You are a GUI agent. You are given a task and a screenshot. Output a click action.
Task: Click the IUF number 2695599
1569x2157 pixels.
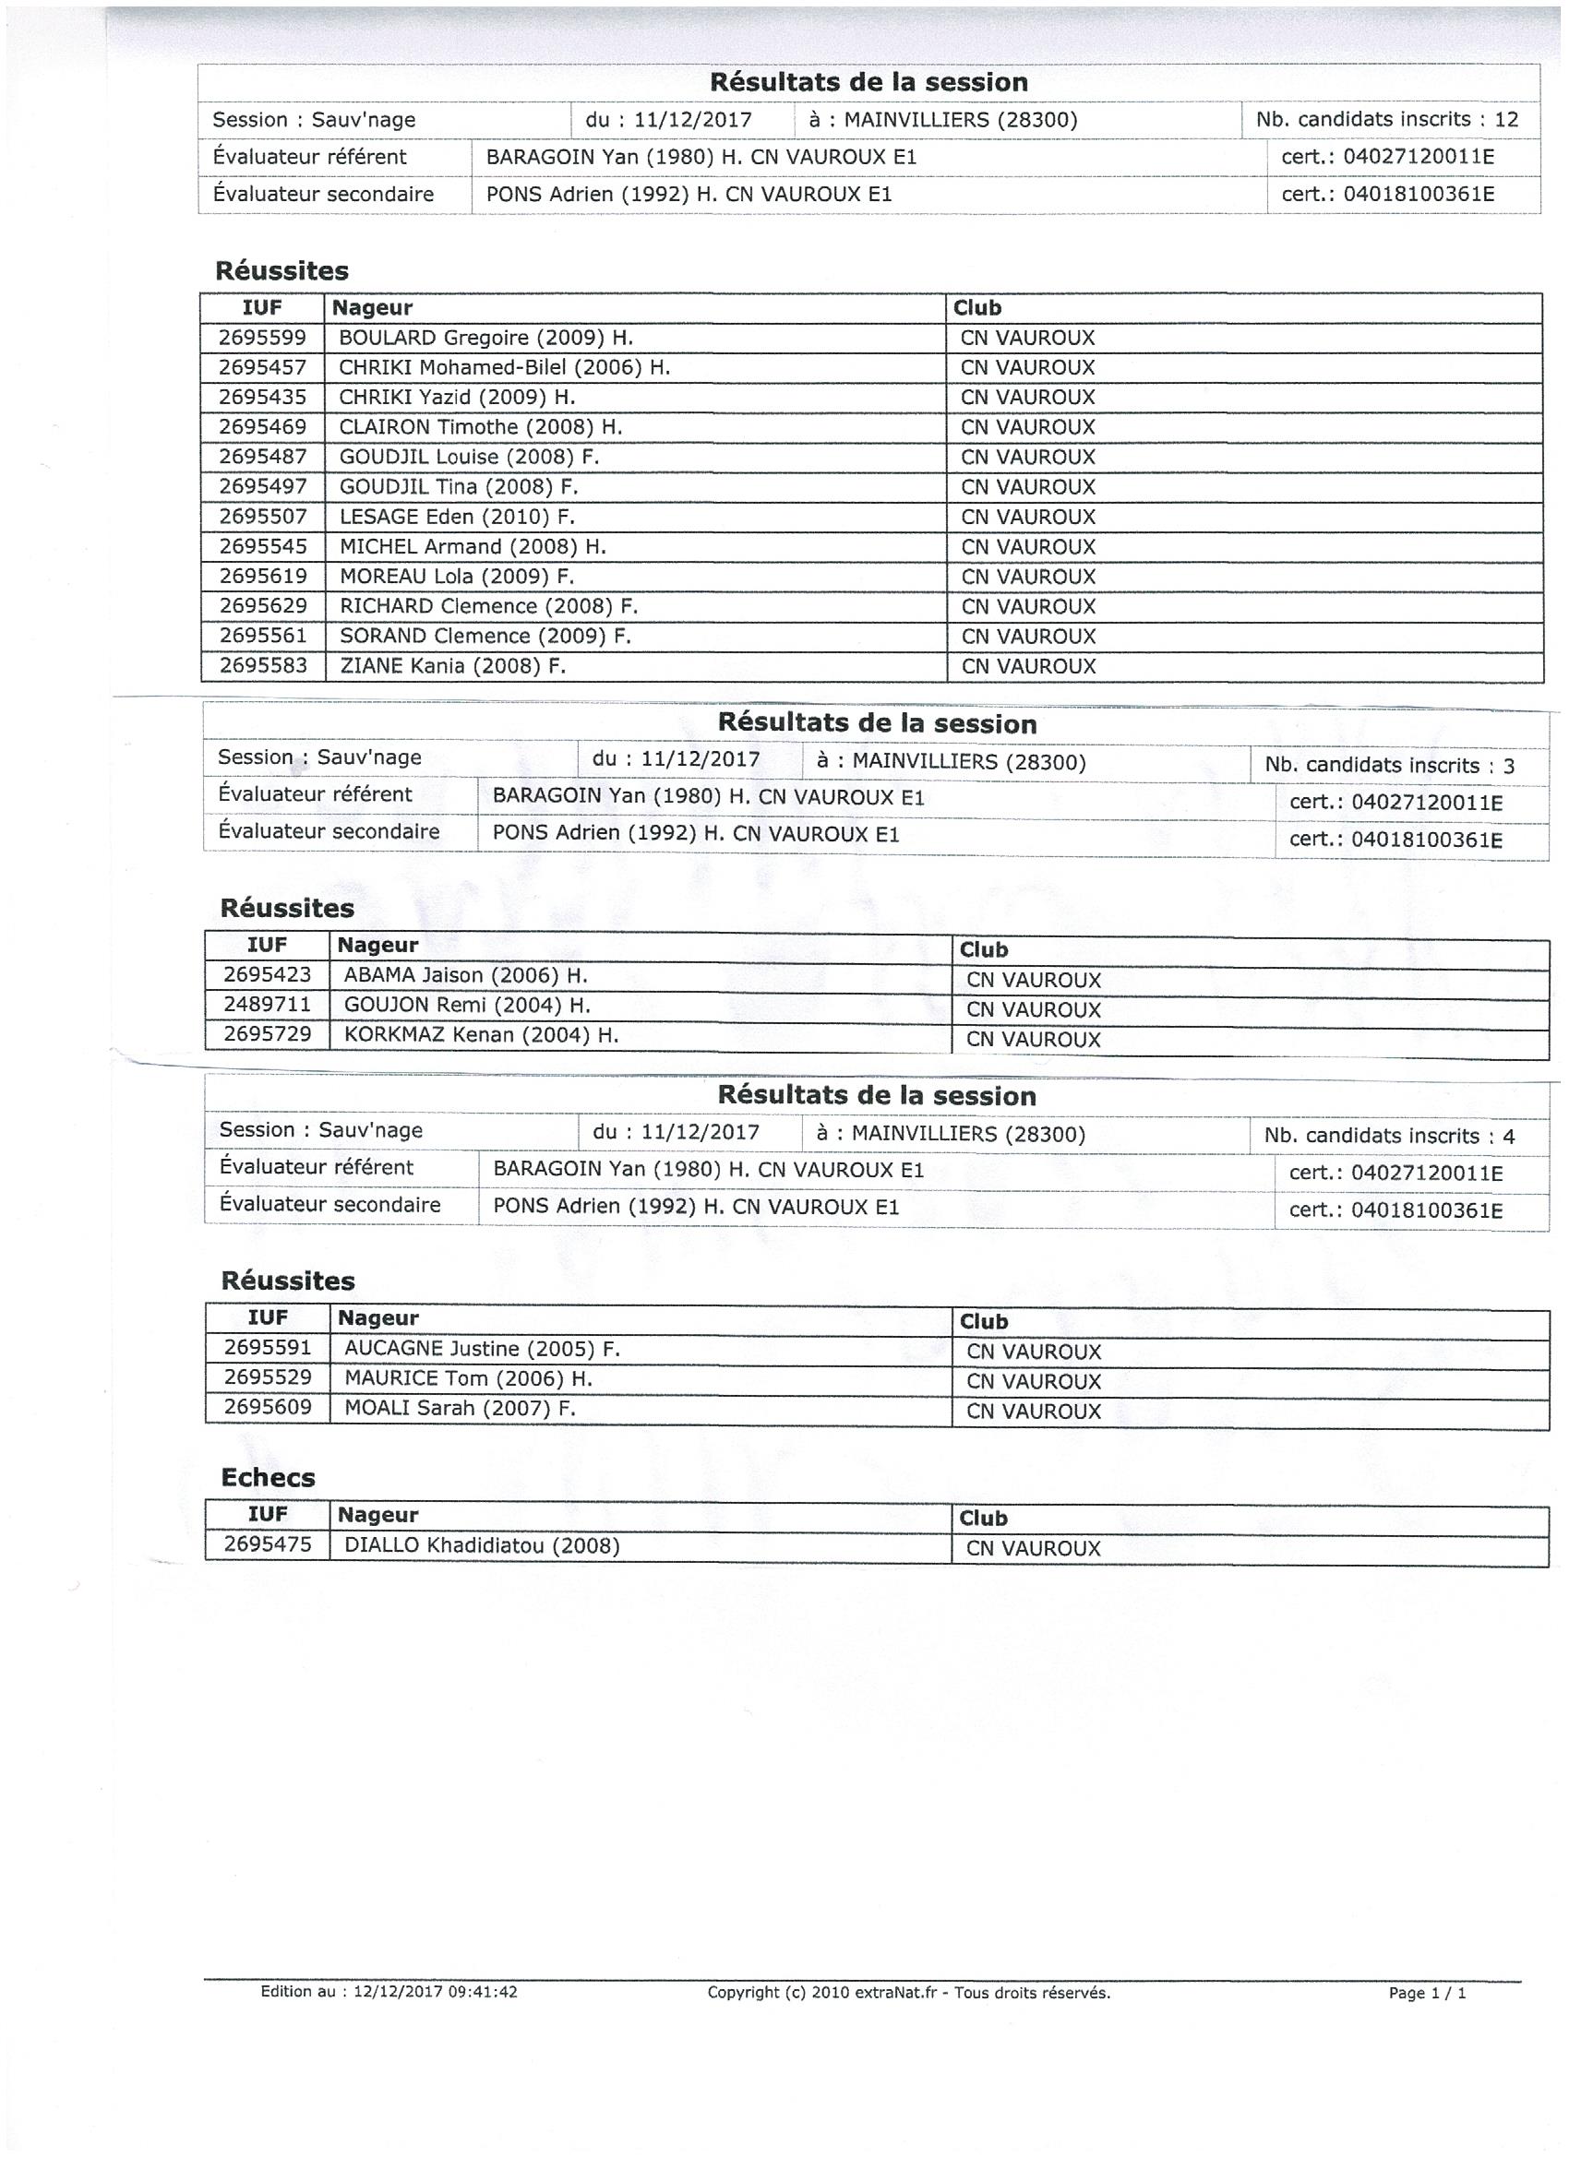tap(263, 338)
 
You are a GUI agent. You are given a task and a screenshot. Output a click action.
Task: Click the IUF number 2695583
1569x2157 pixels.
tap(263, 665)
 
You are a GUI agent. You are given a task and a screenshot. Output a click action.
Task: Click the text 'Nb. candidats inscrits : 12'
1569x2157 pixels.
tap(1387, 119)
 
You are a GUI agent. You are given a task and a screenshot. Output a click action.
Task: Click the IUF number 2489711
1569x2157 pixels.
tap(268, 1004)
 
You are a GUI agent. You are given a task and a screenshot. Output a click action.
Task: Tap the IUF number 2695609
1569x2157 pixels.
tap(268, 1407)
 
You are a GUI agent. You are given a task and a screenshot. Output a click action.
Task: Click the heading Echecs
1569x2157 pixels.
tap(268, 1477)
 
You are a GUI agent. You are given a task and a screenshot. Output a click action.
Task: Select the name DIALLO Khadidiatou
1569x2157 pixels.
tap(482, 1545)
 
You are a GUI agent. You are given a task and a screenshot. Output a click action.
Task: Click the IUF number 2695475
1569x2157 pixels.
tap(268, 1543)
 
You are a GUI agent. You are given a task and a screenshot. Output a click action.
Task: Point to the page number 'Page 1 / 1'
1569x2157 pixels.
tap(1427, 1994)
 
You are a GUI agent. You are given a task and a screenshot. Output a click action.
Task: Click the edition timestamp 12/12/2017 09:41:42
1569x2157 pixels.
tap(435, 1992)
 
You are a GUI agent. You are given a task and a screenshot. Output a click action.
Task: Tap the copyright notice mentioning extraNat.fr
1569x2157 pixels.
tap(909, 1993)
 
